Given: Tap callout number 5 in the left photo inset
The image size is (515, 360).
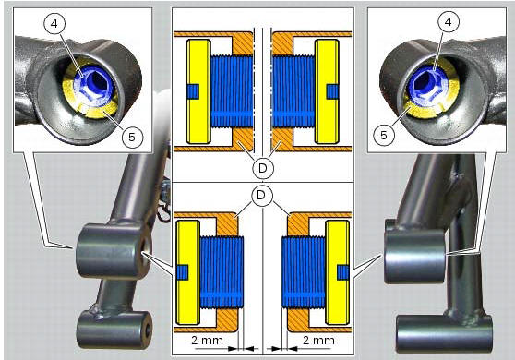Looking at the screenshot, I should tap(132, 137).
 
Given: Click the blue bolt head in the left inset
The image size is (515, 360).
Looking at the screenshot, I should tap(94, 89).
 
